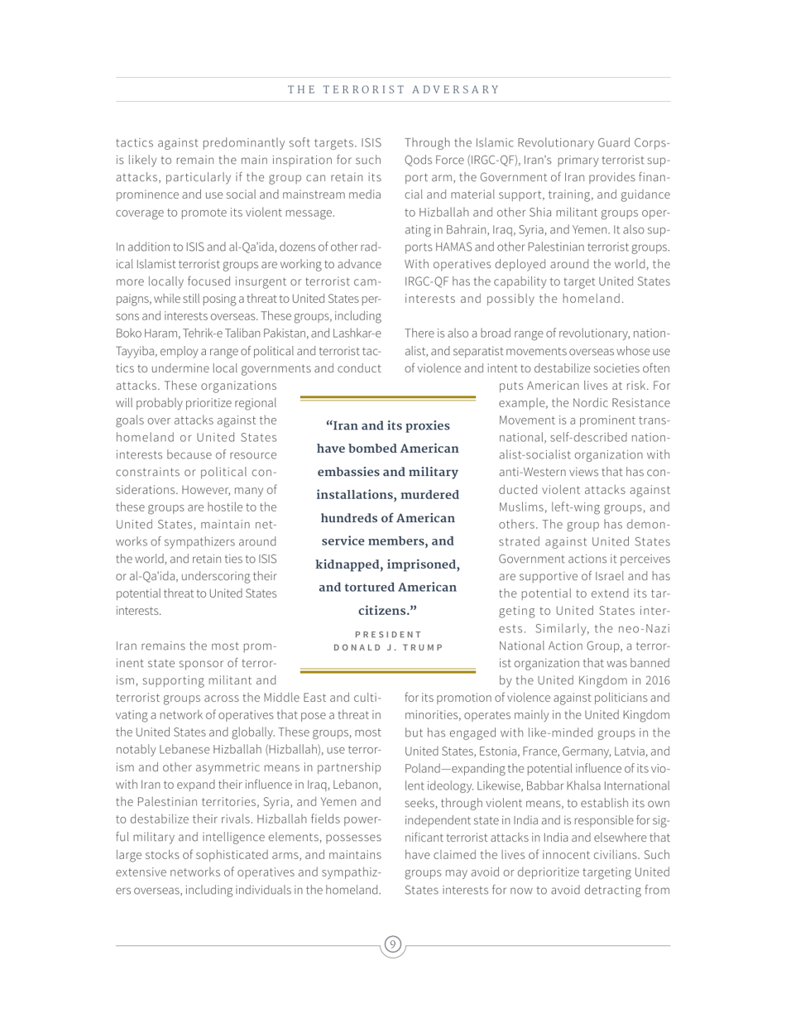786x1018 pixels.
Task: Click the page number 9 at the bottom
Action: [x=393, y=944]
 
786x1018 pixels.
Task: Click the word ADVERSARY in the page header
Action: [x=462, y=89]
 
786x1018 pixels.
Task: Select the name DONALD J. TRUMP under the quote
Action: [x=388, y=647]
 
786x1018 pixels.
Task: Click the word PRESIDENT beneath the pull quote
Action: [x=388, y=634]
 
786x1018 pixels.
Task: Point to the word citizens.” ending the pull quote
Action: [x=387, y=611]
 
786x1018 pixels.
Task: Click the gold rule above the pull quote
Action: [x=387, y=398]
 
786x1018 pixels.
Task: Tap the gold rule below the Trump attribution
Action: [x=387, y=670]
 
